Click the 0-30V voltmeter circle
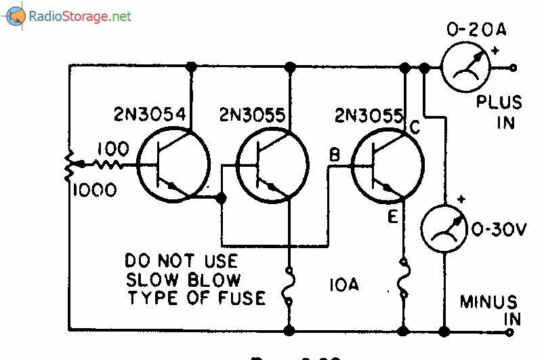pyautogui.click(x=444, y=228)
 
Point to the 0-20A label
pyautogui.click(x=476, y=30)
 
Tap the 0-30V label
pyautogui.click(x=499, y=229)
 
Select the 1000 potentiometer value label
pyautogui.click(x=94, y=191)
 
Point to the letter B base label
pyautogui.click(x=334, y=155)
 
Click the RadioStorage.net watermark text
pyautogui.click(x=80, y=17)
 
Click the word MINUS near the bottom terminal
pyautogui.click(x=488, y=302)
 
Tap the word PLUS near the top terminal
pyautogui.click(x=499, y=103)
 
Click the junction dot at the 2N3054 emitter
pyautogui.click(x=221, y=198)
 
